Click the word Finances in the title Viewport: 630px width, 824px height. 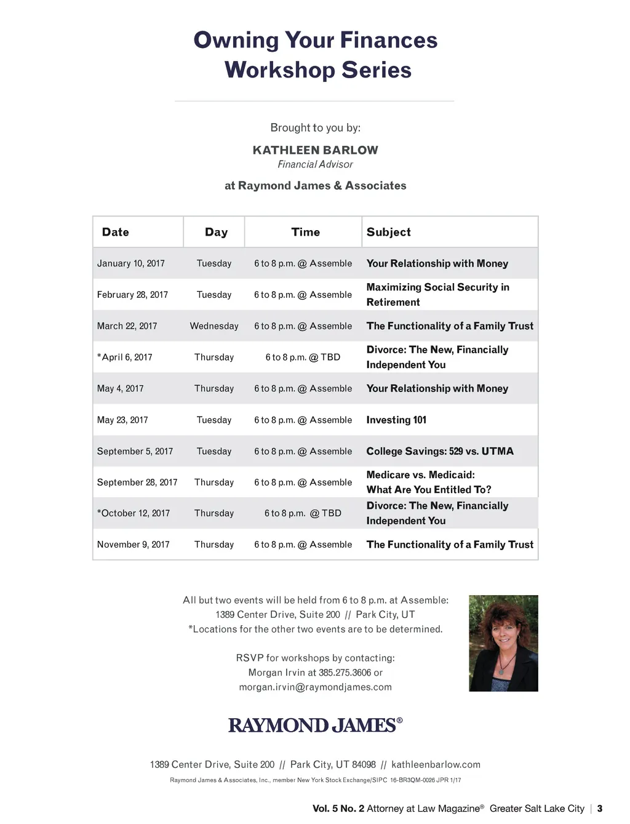(x=388, y=41)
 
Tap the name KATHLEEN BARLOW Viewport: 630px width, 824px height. (x=315, y=150)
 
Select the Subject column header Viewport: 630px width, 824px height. (x=388, y=232)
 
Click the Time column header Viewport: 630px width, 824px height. (x=305, y=232)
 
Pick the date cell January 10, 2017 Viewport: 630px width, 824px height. (x=130, y=263)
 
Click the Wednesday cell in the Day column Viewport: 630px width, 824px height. (x=213, y=326)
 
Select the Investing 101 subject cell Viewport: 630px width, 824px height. (x=396, y=420)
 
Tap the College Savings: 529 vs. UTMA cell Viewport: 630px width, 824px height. (x=439, y=451)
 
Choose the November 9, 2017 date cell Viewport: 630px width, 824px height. (x=133, y=545)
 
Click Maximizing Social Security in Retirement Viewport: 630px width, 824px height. (x=437, y=294)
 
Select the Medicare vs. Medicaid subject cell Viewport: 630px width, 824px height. (x=428, y=482)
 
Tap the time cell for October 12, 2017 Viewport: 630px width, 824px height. (x=303, y=513)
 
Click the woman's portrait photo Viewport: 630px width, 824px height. (x=503, y=643)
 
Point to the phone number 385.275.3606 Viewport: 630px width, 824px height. (x=345, y=673)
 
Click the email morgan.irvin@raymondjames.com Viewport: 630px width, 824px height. (x=315, y=687)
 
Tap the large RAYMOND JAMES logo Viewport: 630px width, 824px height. (x=315, y=725)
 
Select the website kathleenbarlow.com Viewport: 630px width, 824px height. (x=436, y=764)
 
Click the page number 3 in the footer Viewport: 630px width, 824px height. (x=600, y=809)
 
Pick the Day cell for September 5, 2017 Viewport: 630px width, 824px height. (x=213, y=451)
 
